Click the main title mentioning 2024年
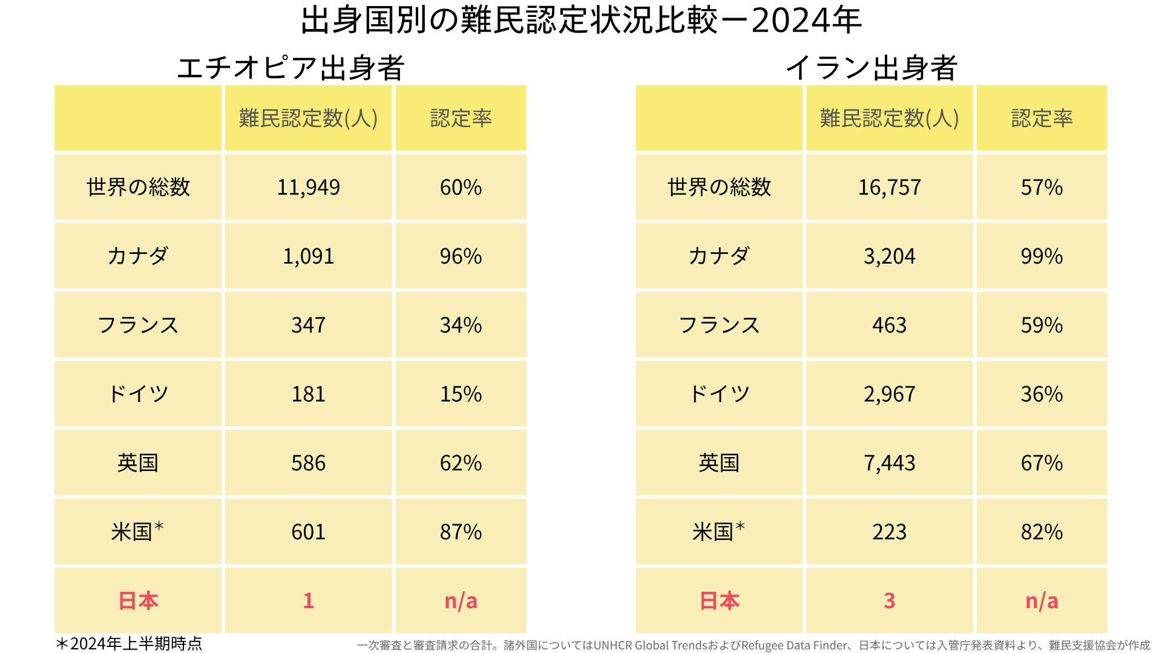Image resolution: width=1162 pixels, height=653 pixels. click(581, 21)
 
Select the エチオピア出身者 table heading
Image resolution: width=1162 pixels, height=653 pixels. click(290, 68)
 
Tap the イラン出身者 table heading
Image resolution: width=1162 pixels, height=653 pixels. click(871, 68)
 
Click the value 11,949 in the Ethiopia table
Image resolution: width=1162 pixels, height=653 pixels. click(309, 187)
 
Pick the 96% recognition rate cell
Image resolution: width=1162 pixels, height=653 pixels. click(461, 256)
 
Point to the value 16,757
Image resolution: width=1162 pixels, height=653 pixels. click(889, 187)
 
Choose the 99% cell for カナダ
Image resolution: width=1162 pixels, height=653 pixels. click(1042, 256)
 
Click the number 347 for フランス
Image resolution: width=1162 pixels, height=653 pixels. click(309, 325)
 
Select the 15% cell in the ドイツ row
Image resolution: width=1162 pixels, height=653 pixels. click(461, 394)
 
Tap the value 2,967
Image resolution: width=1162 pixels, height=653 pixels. click(889, 394)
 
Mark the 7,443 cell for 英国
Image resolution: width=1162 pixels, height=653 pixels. click(889, 463)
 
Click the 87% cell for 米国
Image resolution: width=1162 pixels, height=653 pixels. click(461, 532)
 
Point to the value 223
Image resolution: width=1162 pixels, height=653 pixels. click(889, 532)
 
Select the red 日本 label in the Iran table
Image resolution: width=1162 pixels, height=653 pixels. click(719, 601)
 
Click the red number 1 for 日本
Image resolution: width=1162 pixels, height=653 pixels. click(309, 601)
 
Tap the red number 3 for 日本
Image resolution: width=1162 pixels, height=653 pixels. click(889, 601)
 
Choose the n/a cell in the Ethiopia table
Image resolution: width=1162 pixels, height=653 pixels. click(461, 601)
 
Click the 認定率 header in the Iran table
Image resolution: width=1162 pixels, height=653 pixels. click(1042, 119)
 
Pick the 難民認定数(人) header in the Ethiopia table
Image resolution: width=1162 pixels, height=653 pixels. click(309, 119)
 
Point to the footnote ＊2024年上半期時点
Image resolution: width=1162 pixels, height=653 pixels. click(129, 644)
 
